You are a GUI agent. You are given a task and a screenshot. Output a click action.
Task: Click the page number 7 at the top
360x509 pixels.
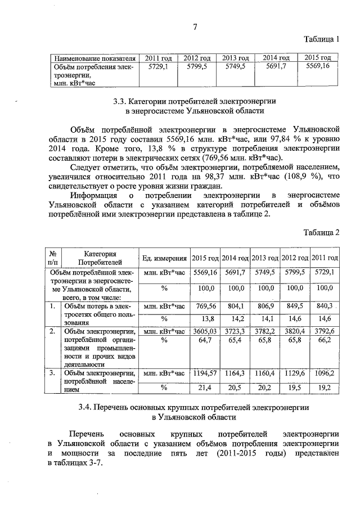tap(195, 27)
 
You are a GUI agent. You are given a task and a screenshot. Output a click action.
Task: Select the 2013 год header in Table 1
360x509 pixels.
tap(235, 58)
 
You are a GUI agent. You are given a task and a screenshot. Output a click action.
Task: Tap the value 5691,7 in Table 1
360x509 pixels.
tap(276, 66)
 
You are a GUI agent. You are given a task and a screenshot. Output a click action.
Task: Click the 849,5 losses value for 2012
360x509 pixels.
tap(294, 307)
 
